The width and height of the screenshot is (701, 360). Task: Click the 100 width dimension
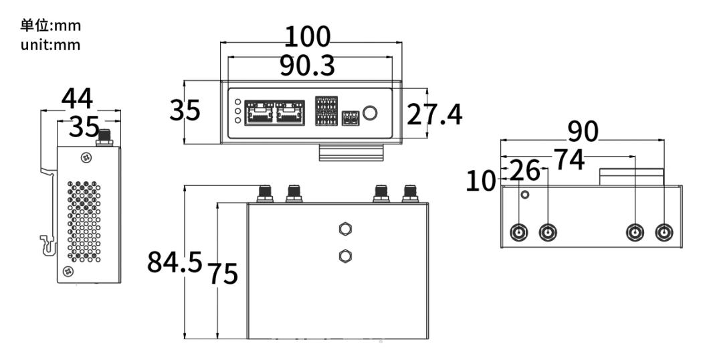click(307, 37)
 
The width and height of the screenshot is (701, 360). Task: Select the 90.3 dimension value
click(307, 66)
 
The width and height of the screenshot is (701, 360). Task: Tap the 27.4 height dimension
click(434, 114)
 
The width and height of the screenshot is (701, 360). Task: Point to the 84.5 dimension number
click(175, 262)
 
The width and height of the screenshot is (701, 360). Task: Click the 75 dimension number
click(223, 273)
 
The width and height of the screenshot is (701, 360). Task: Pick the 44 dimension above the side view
click(77, 98)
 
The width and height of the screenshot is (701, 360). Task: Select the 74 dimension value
click(569, 160)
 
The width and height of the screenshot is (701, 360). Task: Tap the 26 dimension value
click(525, 171)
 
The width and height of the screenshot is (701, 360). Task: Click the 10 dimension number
click(480, 181)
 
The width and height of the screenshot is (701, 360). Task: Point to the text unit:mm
click(51, 46)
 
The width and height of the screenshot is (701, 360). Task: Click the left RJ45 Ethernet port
click(260, 112)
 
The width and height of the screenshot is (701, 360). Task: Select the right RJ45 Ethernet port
click(290, 112)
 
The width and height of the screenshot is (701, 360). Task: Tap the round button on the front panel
click(370, 112)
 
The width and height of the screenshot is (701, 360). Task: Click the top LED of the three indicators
click(238, 102)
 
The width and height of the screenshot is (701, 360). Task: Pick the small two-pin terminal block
click(351, 118)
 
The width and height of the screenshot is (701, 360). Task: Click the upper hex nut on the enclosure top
click(344, 229)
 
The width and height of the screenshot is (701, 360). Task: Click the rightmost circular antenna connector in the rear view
click(664, 233)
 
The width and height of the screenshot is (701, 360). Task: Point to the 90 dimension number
click(583, 131)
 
